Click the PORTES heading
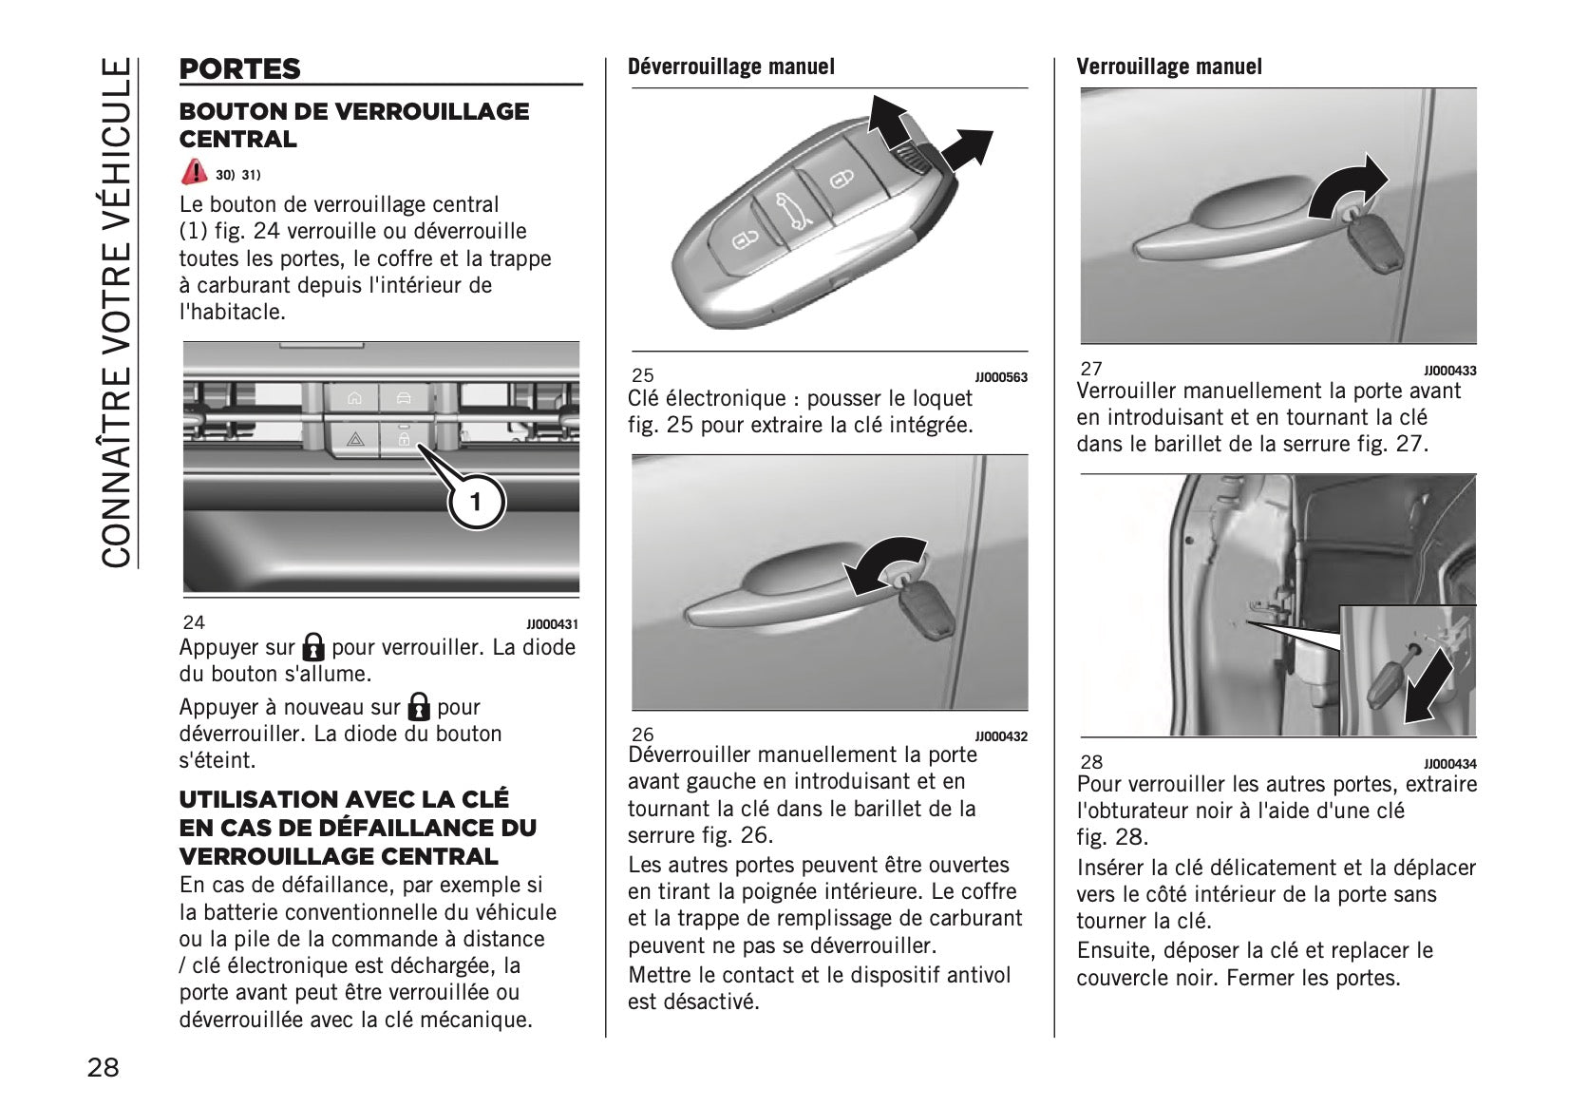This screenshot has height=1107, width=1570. coord(239,69)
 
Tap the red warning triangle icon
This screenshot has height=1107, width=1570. coord(194,172)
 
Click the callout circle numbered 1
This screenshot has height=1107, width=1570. coord(476,501)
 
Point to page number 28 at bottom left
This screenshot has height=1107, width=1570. coord(104,1067)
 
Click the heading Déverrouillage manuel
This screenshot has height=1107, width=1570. coord(730,67)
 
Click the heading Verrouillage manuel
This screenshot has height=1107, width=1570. coord(1168,67)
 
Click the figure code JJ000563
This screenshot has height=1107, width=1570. coord(1001,377)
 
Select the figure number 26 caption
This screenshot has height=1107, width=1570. coord(643,735)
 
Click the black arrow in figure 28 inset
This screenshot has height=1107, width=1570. coord(1428,689)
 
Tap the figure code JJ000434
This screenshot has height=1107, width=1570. coord(1449,764)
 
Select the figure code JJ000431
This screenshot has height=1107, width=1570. coord(552,624)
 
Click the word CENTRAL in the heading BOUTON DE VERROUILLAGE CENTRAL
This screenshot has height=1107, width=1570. coord(237,139)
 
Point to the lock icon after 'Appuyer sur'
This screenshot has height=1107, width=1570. coord(312,648)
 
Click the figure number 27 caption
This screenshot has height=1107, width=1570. coord(1091,369)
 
